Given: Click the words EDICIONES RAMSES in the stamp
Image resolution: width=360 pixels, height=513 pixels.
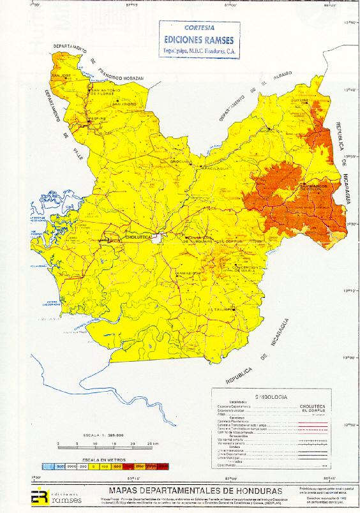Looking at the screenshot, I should point(199,38).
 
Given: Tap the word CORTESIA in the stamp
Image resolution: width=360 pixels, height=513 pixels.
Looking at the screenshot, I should point(199,28).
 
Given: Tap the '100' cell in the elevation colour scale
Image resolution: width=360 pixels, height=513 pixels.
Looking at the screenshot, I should point(103,467).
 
